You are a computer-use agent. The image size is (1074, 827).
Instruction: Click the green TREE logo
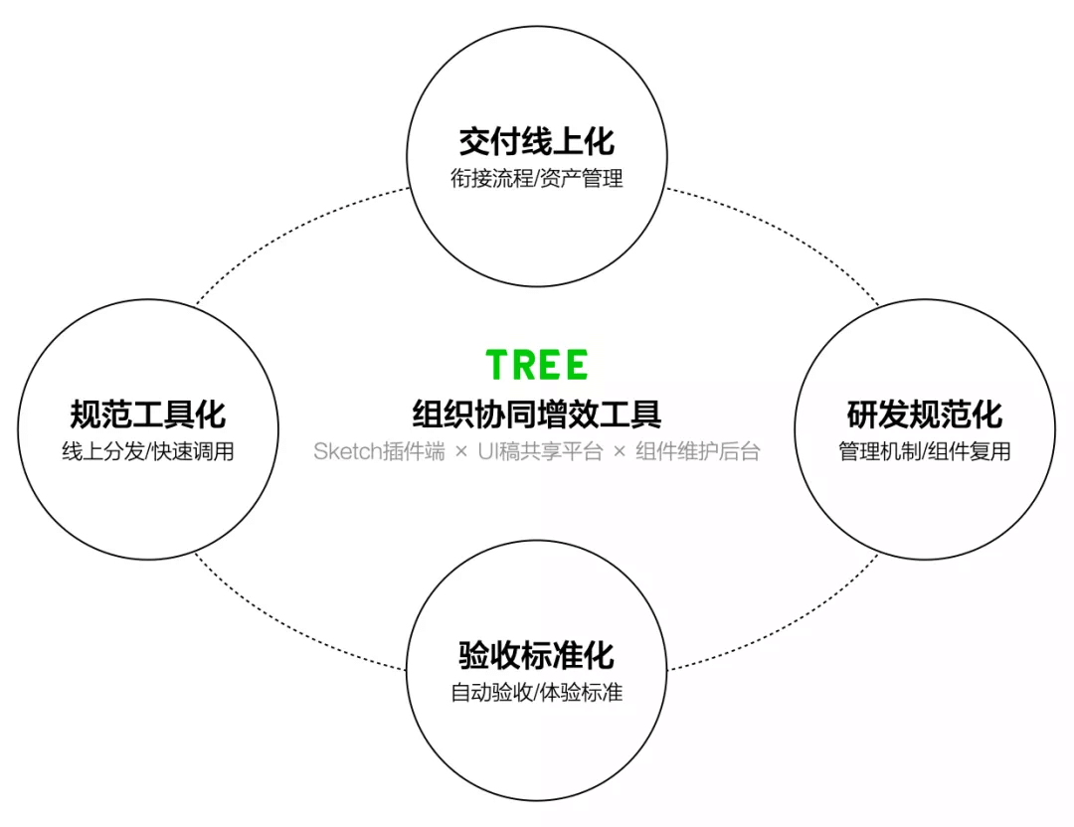[x=537, y=365]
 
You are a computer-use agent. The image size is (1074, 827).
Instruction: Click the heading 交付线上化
[x=537, y=142]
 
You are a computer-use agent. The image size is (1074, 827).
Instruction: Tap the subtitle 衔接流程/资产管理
[x=537, y=180]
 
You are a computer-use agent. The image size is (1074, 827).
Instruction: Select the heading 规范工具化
[x=148, y=413]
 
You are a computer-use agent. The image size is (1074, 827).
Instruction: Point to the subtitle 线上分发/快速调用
[x=148, y=451]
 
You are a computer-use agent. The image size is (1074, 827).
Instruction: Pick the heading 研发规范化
[x=925, y=413]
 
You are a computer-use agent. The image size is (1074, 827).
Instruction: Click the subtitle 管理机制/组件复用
[x=925, y=451]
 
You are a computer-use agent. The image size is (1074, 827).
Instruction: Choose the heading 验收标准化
[x=537, y=655]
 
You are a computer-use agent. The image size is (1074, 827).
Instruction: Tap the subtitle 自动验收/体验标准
[x=537, y=693]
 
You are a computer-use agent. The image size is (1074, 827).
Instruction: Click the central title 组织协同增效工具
[x=537, y=413]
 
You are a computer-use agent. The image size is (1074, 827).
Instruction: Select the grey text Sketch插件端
[x=379, y=451]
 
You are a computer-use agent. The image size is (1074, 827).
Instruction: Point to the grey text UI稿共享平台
[x=540, y=451]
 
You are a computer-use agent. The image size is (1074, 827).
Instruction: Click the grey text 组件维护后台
[x=697, y=451]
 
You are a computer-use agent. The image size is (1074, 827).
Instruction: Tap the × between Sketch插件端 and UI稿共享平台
[x=460, y=452]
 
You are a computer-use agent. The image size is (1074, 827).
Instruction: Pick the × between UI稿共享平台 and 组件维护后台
[x=620, y=452]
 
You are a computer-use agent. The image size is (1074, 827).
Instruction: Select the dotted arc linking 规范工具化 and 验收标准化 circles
[x=288, y=626]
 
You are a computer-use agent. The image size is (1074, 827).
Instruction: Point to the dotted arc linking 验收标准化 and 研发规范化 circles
[x=786, y=626]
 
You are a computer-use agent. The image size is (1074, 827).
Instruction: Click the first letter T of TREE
[x=498, y=365]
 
